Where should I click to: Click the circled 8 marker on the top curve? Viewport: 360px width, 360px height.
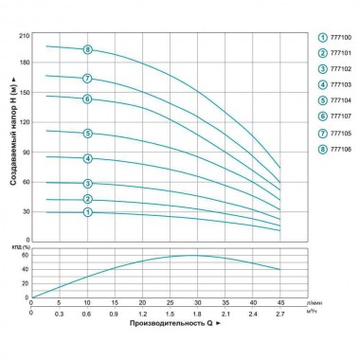tap(87, 49)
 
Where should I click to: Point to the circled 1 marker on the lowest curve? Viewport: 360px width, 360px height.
tap(87, 212)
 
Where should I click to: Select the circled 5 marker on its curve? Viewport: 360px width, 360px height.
tap(87, 134)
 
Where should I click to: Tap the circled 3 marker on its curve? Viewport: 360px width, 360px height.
tap(87, 184)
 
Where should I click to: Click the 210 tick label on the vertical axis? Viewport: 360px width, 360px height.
tap(23, 35)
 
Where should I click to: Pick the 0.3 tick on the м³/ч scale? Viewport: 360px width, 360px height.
tap(60, 312)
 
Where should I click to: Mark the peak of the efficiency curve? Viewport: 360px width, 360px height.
tap(189, 255)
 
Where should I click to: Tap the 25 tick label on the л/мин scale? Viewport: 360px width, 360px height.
tap(170, 302)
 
